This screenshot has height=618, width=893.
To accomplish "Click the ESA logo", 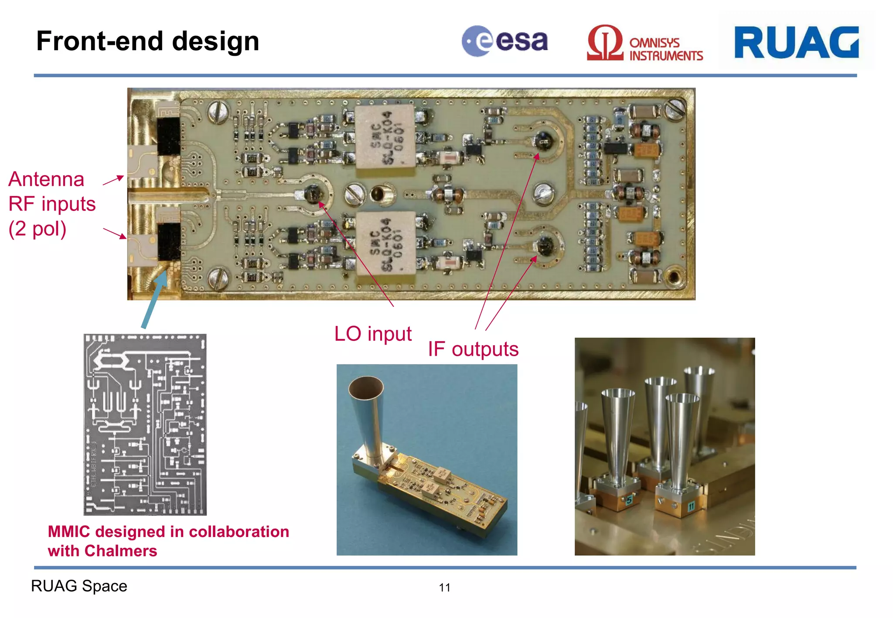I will (504, 41).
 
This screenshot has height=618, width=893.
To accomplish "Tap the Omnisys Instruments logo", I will (644, 44).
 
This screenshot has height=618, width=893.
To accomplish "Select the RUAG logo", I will (796, 42).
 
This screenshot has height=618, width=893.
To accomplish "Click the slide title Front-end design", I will (148, 41).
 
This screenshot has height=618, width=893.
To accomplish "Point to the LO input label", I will (373, 334).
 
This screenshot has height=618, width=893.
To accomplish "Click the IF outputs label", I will (473, 349).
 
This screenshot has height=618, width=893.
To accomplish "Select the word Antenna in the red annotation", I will (46, 180).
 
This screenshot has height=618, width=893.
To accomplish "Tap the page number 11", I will (444, 587).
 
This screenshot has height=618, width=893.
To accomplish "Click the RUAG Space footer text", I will (79, 586).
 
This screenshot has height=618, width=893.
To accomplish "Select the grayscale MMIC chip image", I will (145, 424).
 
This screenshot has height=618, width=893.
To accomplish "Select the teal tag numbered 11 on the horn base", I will (691, 506).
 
